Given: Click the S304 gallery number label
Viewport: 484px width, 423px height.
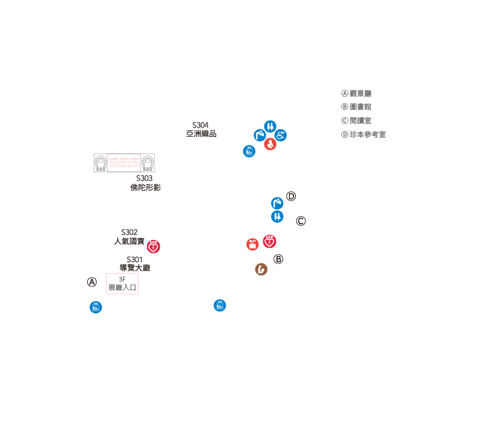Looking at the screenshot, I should [200, 125].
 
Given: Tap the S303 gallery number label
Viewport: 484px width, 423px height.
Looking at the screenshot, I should [145, 178].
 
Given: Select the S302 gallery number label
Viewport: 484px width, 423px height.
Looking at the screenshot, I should [129, 232].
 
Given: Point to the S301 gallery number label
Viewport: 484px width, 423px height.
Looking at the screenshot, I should [134, 259].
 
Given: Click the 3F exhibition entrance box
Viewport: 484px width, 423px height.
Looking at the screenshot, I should [122, 283].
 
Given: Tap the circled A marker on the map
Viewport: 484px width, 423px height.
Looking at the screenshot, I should [92, 282].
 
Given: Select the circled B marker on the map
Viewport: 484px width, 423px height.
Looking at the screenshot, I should [278, 259].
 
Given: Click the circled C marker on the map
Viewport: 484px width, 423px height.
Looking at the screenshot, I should [301, 221].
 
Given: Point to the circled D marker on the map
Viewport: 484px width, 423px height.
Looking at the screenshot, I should [291, 196].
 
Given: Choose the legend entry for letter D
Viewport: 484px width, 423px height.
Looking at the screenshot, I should [364, 135].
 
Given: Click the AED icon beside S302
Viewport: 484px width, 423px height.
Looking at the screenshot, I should [154, 247].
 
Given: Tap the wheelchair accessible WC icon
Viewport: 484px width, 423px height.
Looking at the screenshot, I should [281, 135].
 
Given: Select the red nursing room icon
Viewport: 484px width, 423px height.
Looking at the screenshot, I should [270, 145].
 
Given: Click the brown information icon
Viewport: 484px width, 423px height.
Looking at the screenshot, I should [261, 270].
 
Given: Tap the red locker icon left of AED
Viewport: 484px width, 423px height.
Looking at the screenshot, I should [253, 244].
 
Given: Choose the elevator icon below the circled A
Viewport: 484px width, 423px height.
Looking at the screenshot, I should [96, 308].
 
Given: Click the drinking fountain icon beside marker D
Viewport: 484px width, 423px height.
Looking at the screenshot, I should [277, 204].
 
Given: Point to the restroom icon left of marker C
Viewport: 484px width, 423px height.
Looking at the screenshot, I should [277, 216].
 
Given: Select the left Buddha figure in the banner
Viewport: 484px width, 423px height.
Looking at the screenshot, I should [101, 163].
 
